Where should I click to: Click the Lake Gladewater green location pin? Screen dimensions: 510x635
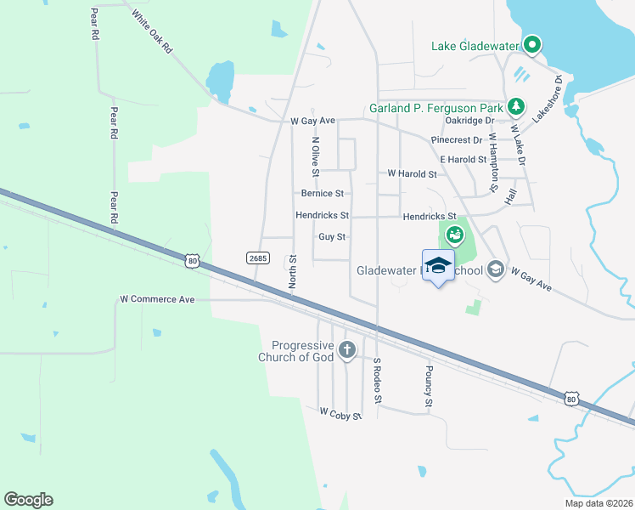pyautogui.click(x=532, y=44)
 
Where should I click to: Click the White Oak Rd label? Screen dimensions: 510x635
pyautogui.click(x=152, y=32)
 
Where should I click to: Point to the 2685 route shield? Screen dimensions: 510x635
pyautogui.click(x=257, y=257)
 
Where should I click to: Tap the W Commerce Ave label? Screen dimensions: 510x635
pyautogui.click(x=157, y=299)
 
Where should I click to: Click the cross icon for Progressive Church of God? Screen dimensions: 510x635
pyautogui.click(x=346, y=349)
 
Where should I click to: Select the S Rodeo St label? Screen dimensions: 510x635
pyautogui.click(x=378, y=380)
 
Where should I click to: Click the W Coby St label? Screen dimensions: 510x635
pyautogui.click(x=340, y=414)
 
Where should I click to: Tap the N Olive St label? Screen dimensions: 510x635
pyautogui.click(x=315, y=157)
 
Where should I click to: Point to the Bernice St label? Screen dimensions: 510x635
pyautogui.click(x=320, y=194)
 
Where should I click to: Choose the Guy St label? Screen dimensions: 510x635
pyautogui.click(x=332, y=237)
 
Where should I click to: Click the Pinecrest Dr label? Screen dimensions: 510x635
pyautogui.click(x=457, y=140)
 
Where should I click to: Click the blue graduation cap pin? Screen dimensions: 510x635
pyautogui.click(x=438, y=265)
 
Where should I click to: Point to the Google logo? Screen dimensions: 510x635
pyautogui.click(x=28, y=500)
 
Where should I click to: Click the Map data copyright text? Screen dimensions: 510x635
pyautogui.click(x=598, y=503)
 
